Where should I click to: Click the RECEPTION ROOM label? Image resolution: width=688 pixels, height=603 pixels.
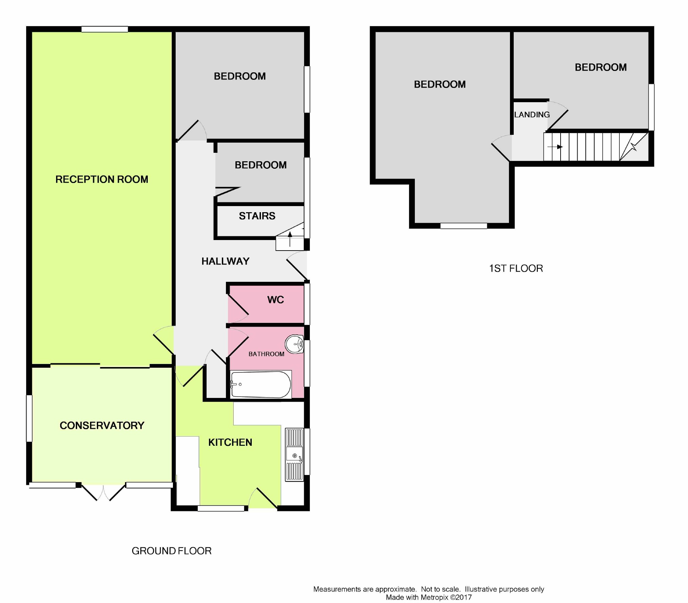pyautogui.click(x=102, y=179)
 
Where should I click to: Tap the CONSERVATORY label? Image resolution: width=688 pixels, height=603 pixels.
pyautogui.click(x=102, y=425)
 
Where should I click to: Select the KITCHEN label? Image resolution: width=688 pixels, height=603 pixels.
pyautogui.click(x=230, y=442)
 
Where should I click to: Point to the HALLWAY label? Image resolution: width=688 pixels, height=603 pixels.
pyautogui.click(x=225, y=261)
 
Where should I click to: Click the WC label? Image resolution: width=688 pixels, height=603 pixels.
pyautogui.click(x=276, y=300)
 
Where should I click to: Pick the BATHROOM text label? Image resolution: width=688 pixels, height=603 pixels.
pyautogui.click(x=266, y=354)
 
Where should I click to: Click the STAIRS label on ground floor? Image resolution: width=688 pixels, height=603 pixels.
pyautogui.click(x=257, y=216)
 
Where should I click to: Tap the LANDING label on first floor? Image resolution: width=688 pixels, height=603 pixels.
pyautogui.click(x=532, y=115)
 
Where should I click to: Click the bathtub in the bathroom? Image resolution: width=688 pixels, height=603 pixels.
pyautogui.click(x=261, y=384)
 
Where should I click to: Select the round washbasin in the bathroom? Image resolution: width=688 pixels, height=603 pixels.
pyautogui.click(x=295, y=344)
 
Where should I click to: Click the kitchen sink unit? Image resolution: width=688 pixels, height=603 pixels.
pyautogui.click(x=294, y=455)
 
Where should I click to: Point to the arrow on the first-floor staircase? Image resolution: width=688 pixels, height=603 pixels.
pyautogui.click(x=555, y=147)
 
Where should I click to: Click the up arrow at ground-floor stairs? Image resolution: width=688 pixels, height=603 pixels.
pyautogui.click(x=290, y=239)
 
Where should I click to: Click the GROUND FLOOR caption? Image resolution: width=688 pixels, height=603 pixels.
pyautogui.click(x=172, y=551)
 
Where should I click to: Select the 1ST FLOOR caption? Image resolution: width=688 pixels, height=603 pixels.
pyautogui.click(x=516, y=269)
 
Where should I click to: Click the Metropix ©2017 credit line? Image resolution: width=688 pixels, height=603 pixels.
pyautogui.click(x=429, y=597)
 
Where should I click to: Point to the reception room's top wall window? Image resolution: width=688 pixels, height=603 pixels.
pyautogui.click(x=105, y=29)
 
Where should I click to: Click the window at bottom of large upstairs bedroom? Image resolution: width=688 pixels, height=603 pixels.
pyautogui.click(x=464, y=226)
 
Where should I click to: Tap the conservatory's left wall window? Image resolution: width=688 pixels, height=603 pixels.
pyautogui.click(x=29, y=418)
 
